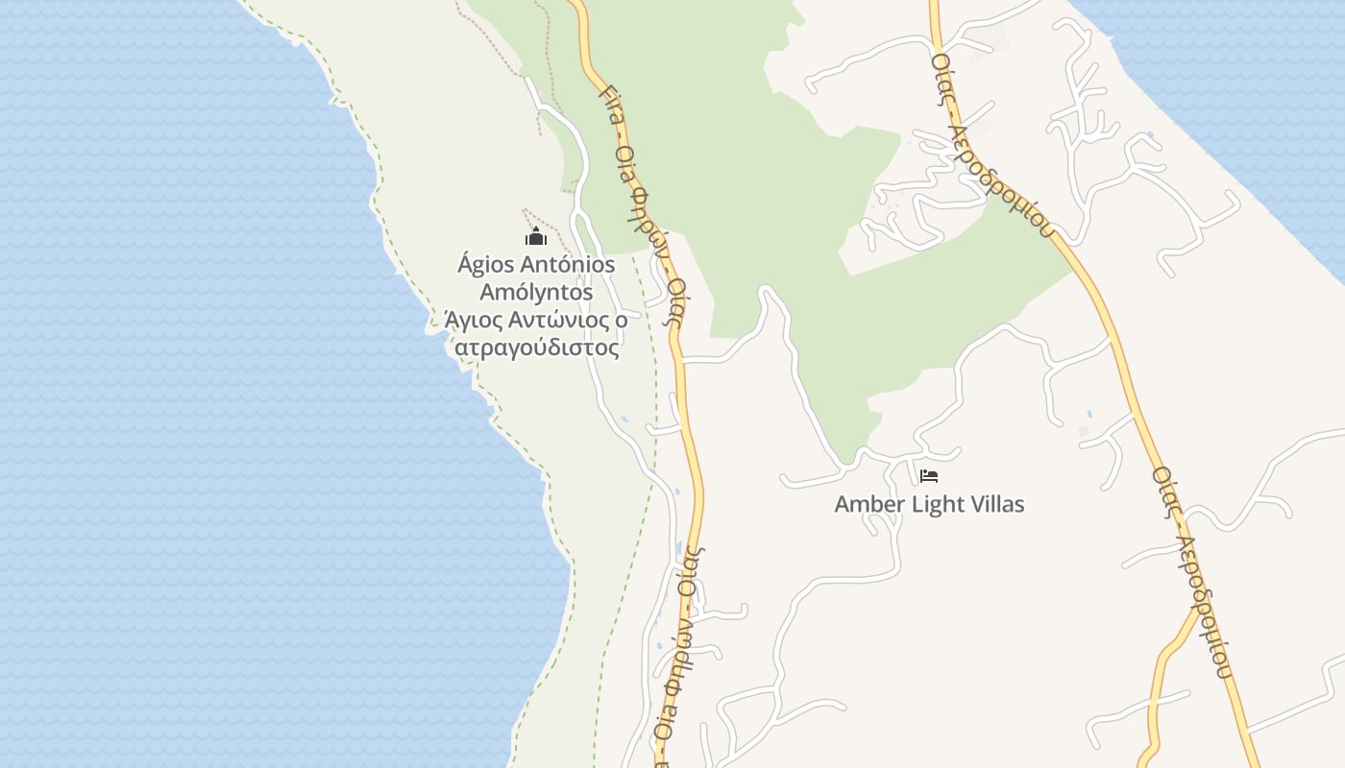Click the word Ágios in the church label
tap(488, 264)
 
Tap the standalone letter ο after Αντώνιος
tap(622, 320)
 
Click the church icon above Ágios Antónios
tap(536, 236)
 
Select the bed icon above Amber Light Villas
tap(928, 475)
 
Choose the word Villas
tap(998, 504)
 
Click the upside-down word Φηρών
tap(674, 662)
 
